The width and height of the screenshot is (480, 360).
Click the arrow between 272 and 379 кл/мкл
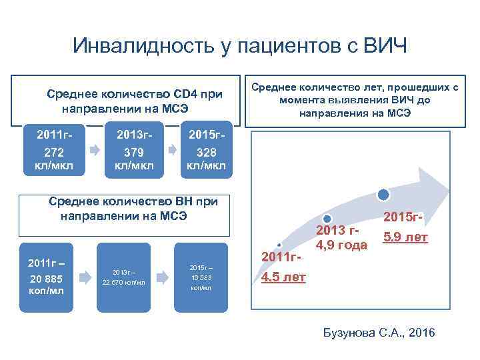pyautogui.click(x=93, y=151)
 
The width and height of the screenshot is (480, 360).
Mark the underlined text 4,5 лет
pyautogui.click(x=283, y=277)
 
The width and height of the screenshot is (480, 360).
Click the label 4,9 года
pyautogui.click(x=341, y=245)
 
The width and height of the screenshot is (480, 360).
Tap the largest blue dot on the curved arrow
pyautogui.click(x=383, y=195)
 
